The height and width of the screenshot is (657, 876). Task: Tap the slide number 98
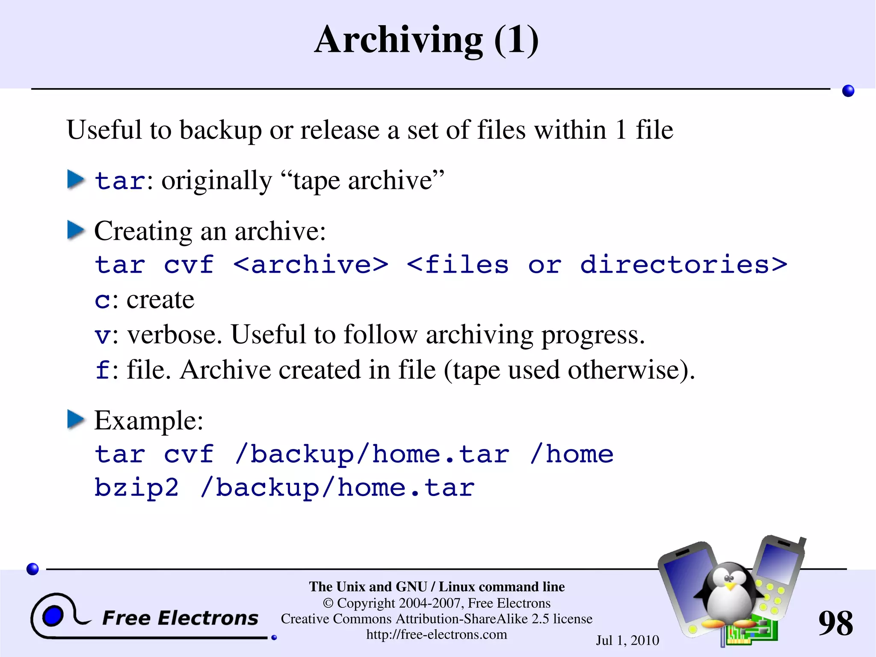(x=835, y=623)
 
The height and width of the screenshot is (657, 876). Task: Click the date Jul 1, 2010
(x=627, y=640)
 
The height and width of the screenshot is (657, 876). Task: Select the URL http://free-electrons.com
(x=436, y=634)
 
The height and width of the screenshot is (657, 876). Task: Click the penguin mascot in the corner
(x=729, y=595)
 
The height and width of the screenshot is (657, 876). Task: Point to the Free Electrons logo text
(x=180, y=618)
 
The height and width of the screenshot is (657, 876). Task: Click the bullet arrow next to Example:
(x=76, y=419)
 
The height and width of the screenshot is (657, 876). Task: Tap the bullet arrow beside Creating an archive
(x=76, y=230)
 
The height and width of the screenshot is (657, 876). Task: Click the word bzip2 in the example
(x=136, y=488)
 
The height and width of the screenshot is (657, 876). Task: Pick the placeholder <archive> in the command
(x=311, y=265)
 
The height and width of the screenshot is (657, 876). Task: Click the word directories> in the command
(x=684, y=265)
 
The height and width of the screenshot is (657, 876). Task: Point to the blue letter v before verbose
(x=103, y=335)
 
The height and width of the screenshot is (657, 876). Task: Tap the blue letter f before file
(x=103, y=369)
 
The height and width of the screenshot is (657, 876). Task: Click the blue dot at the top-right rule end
(x=848, y=91)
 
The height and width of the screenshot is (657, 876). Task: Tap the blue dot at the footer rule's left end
(x=33, y=569)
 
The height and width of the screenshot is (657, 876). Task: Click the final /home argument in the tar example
(x=571, y=454)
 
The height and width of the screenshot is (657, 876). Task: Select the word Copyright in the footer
(x=366, y=603)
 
